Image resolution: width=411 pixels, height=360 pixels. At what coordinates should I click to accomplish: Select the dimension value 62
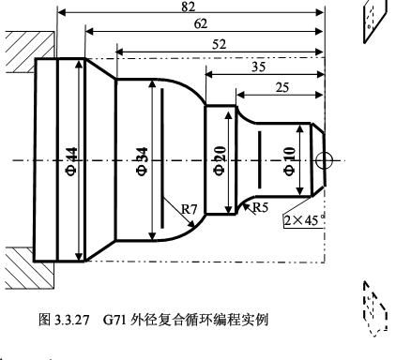pos(202,24)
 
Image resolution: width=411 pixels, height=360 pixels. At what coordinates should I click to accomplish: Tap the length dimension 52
pos(218,43)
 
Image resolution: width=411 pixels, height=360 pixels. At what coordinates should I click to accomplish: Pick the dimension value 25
pos(281,87)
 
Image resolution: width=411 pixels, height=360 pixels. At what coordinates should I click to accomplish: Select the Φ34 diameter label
pos(153,160)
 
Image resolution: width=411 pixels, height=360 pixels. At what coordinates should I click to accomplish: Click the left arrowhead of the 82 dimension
pos(62,12)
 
